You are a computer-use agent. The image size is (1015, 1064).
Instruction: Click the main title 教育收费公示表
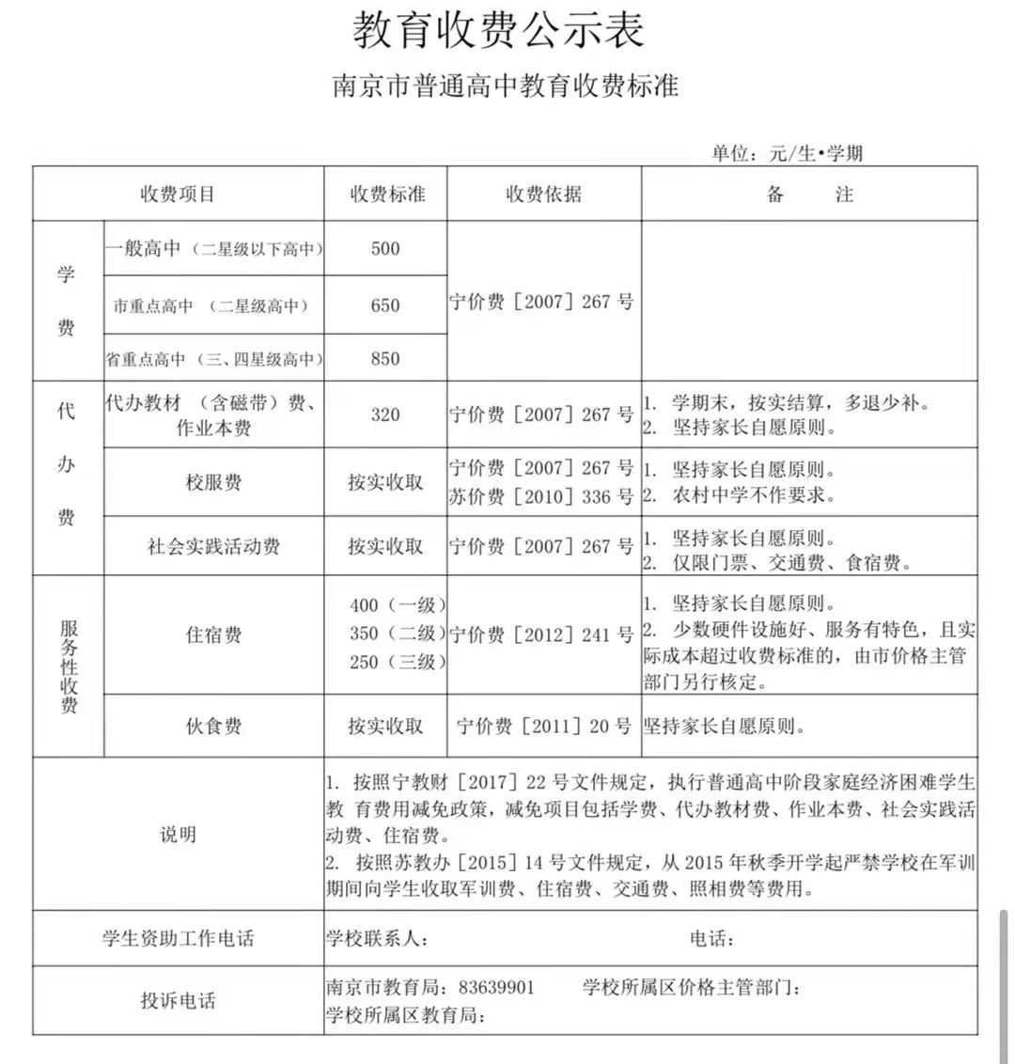pos(499,30)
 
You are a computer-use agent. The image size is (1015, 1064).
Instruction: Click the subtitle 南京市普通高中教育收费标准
pos(506,86)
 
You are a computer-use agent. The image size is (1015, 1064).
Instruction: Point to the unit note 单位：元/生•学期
pos(787,153)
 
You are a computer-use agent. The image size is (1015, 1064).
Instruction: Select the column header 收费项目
pos(179,195)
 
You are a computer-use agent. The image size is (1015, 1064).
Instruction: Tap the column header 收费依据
pos(543,195)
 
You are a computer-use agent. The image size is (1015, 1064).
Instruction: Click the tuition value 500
pos(385,249)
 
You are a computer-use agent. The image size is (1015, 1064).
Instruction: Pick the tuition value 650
pos(385,305)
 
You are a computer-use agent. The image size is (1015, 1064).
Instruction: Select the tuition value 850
pos(385,358)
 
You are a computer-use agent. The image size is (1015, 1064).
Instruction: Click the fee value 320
pos(385,415)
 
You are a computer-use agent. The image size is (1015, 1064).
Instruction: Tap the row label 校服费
pos(213,482)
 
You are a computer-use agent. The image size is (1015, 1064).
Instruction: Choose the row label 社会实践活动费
pos(213,546)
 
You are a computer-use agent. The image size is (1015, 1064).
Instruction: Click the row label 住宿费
pos(213,634)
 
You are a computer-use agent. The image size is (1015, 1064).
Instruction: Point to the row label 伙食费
pos(213,726)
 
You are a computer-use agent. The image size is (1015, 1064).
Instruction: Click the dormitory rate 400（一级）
pos(398,606)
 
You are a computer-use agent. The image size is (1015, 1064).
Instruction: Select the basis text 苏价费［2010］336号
pos(541,496)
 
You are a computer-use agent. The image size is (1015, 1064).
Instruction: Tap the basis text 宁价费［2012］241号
pos(541,634)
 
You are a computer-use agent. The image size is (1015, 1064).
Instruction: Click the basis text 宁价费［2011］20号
pos(544,726)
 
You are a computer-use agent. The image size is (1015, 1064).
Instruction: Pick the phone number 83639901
pos(496,988)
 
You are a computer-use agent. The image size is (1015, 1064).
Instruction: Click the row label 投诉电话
pos(179,1000)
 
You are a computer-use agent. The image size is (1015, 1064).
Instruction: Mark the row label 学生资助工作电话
pos(179,938)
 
